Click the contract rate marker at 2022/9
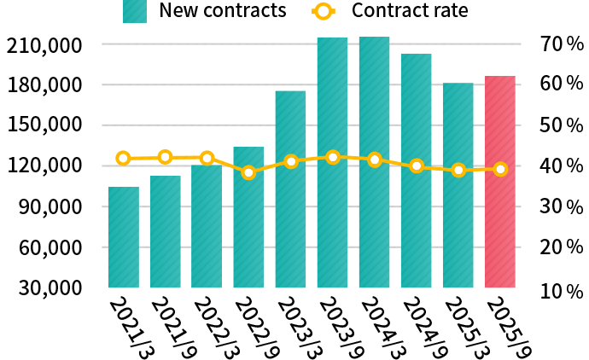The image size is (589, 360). [248, 172]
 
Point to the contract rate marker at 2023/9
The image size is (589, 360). [332, 157]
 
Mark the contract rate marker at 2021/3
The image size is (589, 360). [124, 158]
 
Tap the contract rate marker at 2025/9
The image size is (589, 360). [499, 169]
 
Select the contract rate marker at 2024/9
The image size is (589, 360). [416, 165]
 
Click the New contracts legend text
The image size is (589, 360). [222, 11]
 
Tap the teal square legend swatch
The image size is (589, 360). [135, 11]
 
